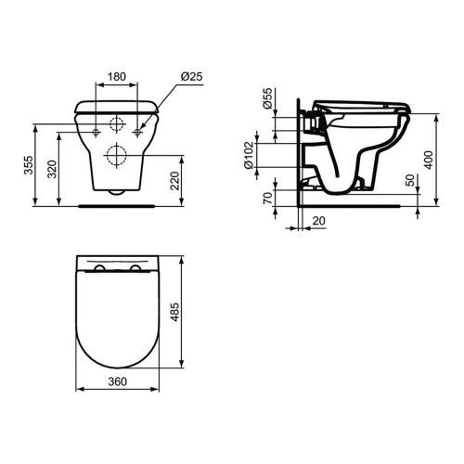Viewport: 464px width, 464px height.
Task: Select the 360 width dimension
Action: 116,406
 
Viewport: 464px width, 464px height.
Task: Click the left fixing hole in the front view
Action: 97,133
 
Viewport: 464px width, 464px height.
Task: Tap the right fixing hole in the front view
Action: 137,133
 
